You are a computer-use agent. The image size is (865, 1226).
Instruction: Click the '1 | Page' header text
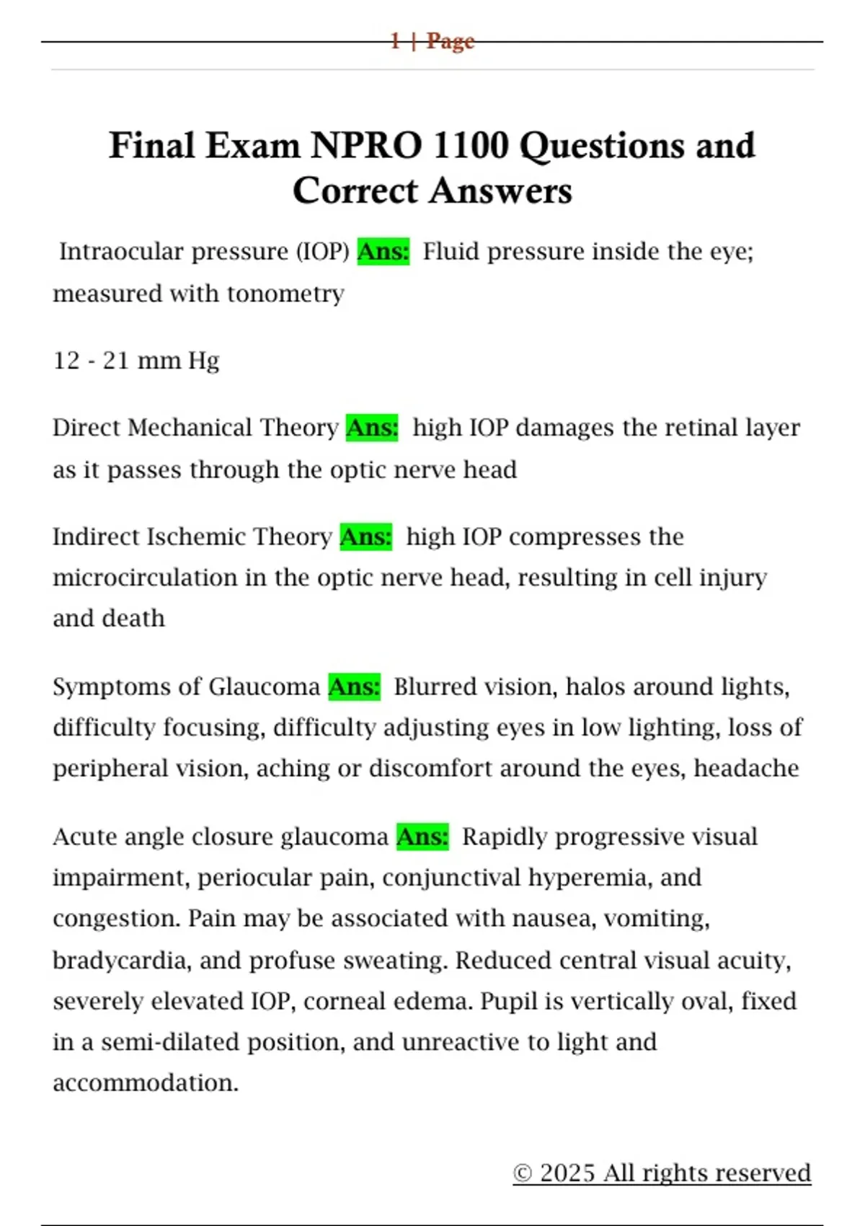click(x=432, y=41)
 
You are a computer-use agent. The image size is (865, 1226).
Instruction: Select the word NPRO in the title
click(x=367, y=146)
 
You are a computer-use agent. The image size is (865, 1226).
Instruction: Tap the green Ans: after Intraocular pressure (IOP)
click(x=383, y=252)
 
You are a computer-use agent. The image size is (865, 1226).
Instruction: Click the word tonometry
click(x=285, y=294)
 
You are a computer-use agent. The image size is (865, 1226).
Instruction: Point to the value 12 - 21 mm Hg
click(x=136, y=361)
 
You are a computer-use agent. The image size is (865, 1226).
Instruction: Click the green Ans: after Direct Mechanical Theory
click(x=372, y=428)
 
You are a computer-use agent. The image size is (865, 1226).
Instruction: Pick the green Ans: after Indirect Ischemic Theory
click(x=366, y=537)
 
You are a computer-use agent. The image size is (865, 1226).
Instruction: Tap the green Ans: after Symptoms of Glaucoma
click(x=354, y=687)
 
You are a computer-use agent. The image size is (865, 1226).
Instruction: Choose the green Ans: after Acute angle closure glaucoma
click(x=422, y=837)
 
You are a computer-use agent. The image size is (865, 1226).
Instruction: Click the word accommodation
click(x=145, y=1083)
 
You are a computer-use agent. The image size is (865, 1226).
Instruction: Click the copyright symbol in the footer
click(x=523, y=1173)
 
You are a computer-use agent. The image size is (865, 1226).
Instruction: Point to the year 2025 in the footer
click(x=567, y=1173)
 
